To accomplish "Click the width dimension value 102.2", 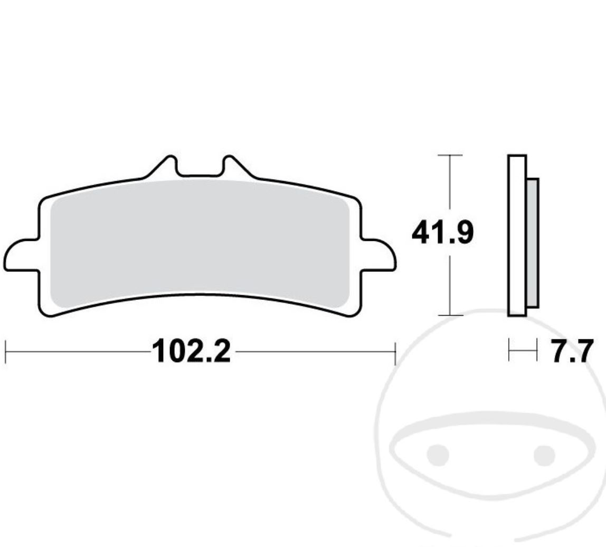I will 191,351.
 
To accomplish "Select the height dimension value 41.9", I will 442,233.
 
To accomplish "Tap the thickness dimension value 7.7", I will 572,352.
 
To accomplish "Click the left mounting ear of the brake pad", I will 20,255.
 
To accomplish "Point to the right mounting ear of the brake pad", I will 378,255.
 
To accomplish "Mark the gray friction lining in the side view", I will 533,243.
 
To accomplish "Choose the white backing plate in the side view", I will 517,235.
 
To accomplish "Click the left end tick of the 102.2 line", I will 5,352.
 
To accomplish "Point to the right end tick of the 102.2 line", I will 395,352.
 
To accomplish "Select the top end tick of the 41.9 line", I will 450,155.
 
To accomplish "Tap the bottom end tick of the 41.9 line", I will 450,316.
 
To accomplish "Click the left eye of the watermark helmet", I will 438,455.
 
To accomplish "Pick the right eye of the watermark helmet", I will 544,455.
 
